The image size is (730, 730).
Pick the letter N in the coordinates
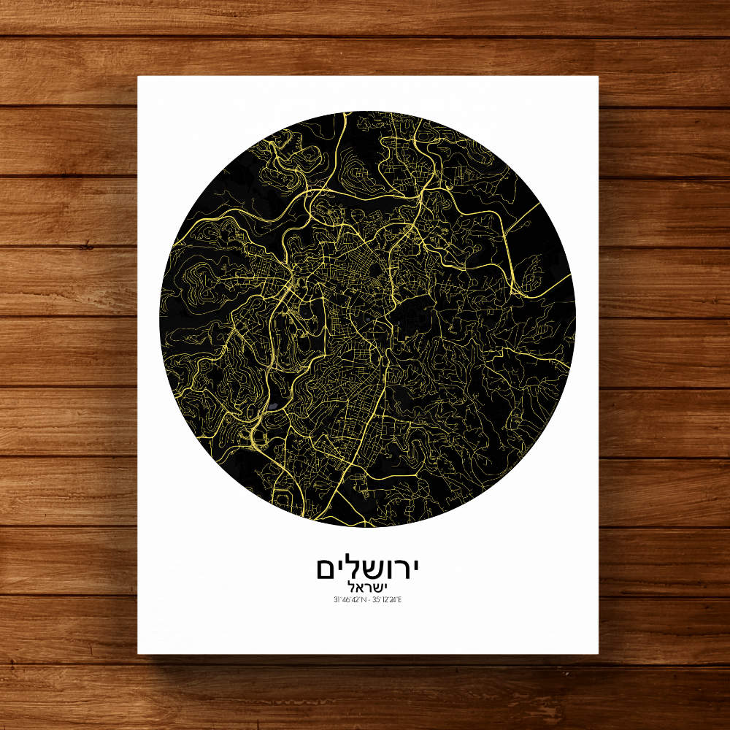click(361, 600)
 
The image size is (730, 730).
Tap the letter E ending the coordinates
click(400, 600)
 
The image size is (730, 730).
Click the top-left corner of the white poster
click(139, 77)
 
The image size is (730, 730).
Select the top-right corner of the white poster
click(598, 77)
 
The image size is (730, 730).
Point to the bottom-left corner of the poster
click(139, 653)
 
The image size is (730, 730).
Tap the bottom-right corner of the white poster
click(598, 653)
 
